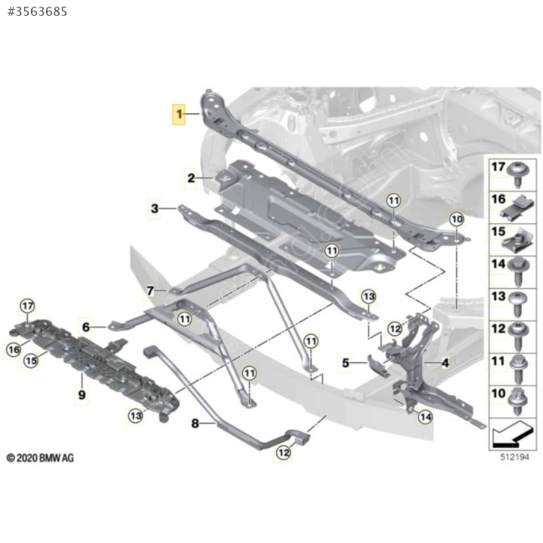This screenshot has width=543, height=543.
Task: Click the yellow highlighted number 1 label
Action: click(x=179, y=114)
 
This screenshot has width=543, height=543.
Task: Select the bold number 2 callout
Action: click(x=191, y=178)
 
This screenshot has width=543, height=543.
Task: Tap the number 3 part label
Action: click(x=155, y=208)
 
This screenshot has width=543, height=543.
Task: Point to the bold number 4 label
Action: click(x=445, y=363)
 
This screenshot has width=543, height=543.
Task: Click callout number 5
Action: click(x=345, y=363)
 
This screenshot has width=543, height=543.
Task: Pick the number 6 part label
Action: click(x=86, y=327)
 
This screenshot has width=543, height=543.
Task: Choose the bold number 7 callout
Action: click(x=150, y=290)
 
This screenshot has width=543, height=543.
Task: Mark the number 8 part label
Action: click(x=195, y=423)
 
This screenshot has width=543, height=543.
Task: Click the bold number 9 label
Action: click(x=81, y=394)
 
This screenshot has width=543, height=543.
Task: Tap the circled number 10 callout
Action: click(x=457, y=219)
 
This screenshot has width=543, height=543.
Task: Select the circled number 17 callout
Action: click(x=27, y=305)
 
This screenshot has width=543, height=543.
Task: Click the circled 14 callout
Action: click(x=425, y=416)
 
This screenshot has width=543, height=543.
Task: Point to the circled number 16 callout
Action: click(x=14, y=349)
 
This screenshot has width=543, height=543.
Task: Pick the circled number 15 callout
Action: click(x=31, y=360)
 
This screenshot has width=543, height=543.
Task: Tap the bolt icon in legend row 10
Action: click(x=518, y=402)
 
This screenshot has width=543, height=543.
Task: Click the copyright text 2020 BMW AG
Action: click(x=40, y=458)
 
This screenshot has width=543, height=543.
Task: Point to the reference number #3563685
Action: click(x=38, y=12)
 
